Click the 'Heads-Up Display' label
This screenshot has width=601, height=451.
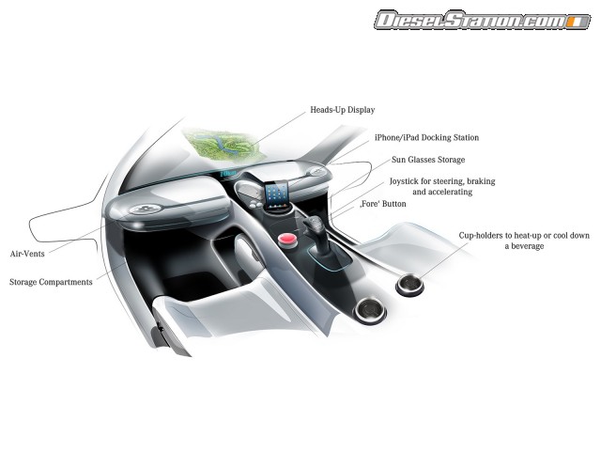click(x=342, y=110)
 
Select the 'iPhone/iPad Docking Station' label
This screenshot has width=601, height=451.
click(x=426, y=138)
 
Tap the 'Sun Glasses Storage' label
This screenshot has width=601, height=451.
click(x=428, y=160)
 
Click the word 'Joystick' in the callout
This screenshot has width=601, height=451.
click(x=407, y=179)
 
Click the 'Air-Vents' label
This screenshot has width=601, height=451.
click(x=28, y=254)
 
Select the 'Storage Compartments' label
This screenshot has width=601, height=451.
click(x=51, y=282)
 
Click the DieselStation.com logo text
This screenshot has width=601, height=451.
click(x=466, y=19)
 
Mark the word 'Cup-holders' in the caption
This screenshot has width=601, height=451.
click(x=482, y=235)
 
